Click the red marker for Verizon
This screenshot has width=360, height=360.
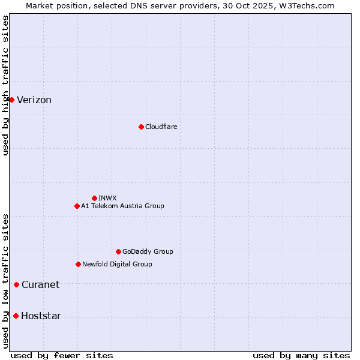click(11, 100)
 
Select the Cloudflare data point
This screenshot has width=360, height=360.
click(141, 127)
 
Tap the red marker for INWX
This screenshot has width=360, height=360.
click(94, 198)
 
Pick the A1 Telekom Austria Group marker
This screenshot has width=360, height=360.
click(77, 206)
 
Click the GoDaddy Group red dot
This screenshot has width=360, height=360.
click(118, 251)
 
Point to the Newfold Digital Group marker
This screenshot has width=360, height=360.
click(78, 264)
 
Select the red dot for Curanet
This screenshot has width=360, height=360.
click(16, 284)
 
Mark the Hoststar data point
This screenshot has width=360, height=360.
click(16, 316)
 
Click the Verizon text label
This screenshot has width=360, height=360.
click(34, 100)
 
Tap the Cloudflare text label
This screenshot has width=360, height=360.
click(161, 127)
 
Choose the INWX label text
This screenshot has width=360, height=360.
click(107, 198)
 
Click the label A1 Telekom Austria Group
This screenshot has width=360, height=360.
click(122, 206)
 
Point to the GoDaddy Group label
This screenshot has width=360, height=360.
click(148, 251)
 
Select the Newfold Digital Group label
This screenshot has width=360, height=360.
click(117, 264)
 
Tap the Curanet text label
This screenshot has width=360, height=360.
click(40, 285)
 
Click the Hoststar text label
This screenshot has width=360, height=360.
click(41, 316)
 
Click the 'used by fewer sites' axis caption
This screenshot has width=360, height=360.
click(62, 356)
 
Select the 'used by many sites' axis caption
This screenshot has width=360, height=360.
click(301, 356)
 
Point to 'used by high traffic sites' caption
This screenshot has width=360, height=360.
click(5, 85)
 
